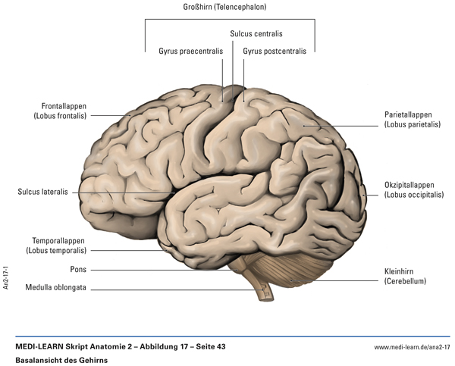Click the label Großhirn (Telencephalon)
click(x=229, y=7)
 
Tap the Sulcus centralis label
click(x=256, y=34)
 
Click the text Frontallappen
click(x=64, y=105)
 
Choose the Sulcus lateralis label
click(x=43, y=192)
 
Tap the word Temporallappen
click(x=58, y=239)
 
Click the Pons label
click(x=77, y=269)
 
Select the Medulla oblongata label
click(x=55, y=288)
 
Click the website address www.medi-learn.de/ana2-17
click(x=412, y=347)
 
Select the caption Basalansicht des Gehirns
click(x=61, y=361)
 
